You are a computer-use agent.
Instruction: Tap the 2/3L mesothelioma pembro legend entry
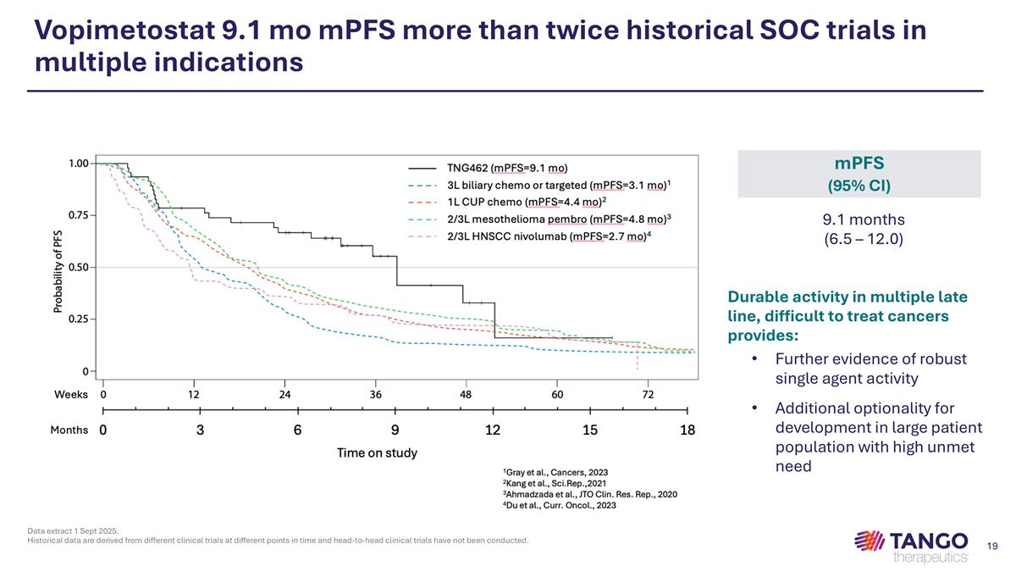pos(559,219)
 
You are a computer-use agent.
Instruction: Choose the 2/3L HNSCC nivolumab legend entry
pos(549,236)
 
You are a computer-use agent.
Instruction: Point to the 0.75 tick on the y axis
pos(79,215)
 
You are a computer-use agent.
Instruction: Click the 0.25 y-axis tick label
pos(79,319)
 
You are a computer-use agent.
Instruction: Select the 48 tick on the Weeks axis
pos(466,394)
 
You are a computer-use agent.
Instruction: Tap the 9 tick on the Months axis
pos(395,430)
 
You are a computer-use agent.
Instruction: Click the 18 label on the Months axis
pos(687,430)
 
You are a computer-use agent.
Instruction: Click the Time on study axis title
pos(377,453)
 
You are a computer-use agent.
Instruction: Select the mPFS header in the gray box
pos(859,163)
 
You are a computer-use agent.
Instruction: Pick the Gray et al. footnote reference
pos(555,472)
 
